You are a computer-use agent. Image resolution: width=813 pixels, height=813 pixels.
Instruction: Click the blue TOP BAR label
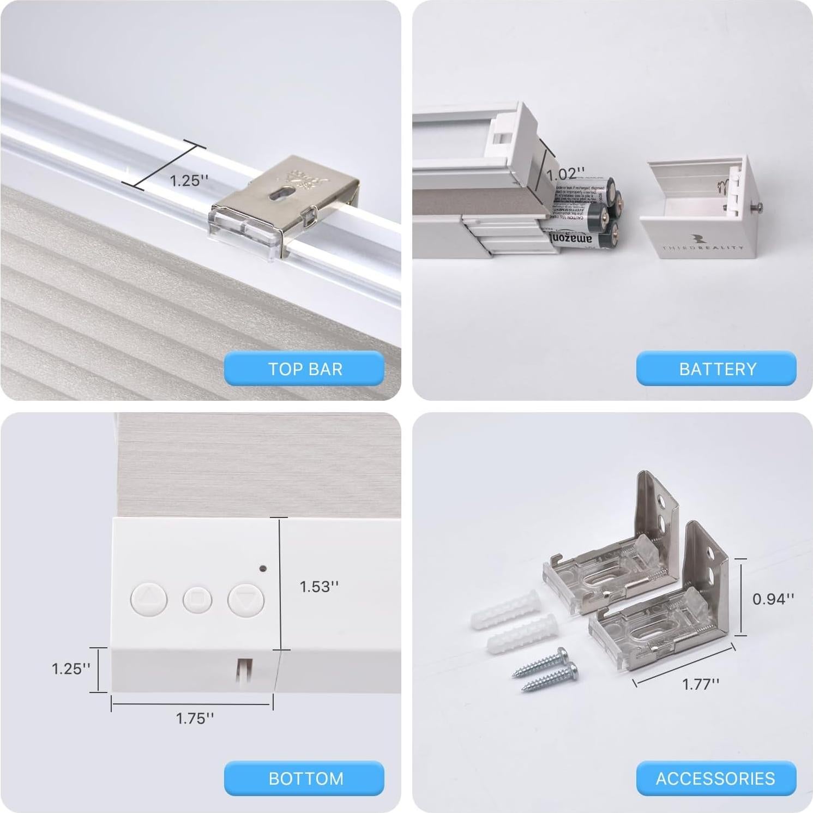(304, 369)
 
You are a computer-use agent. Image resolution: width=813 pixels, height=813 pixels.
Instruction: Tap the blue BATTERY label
(716, 369)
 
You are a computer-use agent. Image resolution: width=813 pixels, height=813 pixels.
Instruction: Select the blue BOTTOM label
(304, 778)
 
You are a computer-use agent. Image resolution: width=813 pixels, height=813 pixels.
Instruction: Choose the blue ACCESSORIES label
(715, 778)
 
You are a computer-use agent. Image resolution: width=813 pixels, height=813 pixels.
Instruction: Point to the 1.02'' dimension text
(565, 174)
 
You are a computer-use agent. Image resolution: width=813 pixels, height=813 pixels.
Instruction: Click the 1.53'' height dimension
(319, 587)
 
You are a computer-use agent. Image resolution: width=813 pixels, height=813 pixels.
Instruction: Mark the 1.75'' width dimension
(195, 718)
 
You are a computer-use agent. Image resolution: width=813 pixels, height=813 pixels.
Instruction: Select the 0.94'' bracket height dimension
(773, 599)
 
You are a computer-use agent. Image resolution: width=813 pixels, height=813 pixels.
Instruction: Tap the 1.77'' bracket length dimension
(701, 684)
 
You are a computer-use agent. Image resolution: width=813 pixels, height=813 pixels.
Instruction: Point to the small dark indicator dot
(263, 568)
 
